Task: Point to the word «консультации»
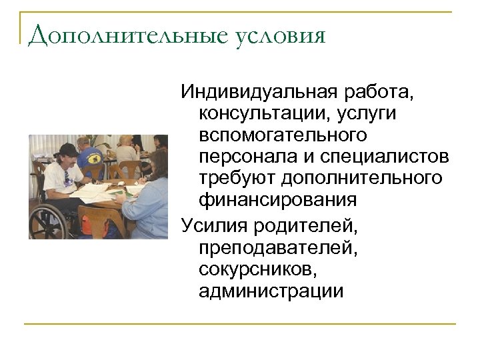265,113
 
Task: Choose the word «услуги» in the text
367,113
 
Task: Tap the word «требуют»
237,178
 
